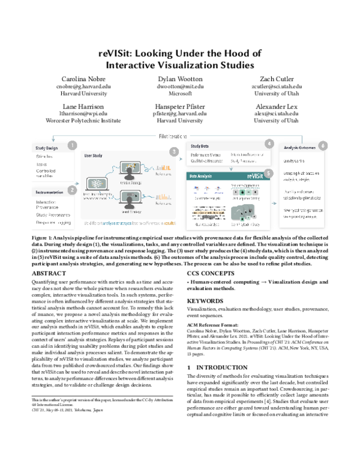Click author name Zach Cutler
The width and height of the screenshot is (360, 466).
pyautogui.click(x=275, y=79)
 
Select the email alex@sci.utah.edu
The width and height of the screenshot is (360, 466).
pyautogui.click(x=275, y=113)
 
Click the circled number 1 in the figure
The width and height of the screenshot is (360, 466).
pyautogui.click(x=71, y=145)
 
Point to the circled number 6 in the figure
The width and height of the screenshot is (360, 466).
pyautogui.click(x=323, y=145)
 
